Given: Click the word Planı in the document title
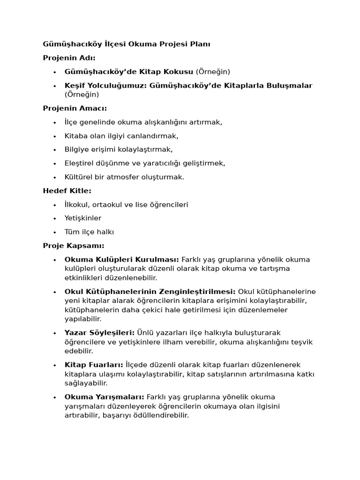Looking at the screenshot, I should point(201,44).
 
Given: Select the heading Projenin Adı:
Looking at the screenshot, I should point(69,58).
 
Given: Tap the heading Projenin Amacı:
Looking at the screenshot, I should point(75,108).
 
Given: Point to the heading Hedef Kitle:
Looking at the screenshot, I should point(67,191).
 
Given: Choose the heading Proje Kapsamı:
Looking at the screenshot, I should point(74,246).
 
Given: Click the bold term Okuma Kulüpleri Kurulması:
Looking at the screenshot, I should point(121,260).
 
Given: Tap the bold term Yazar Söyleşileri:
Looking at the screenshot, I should point(99,333).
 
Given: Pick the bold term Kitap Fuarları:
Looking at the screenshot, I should point(94,365).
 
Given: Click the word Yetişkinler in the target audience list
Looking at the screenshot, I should point(83,218).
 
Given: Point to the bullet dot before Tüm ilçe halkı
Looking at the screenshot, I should point(55,232).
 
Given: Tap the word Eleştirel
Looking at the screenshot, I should point(80,164).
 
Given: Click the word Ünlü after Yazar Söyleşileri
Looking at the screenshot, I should point(145,333).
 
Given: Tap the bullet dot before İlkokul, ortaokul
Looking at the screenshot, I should point(55,205).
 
